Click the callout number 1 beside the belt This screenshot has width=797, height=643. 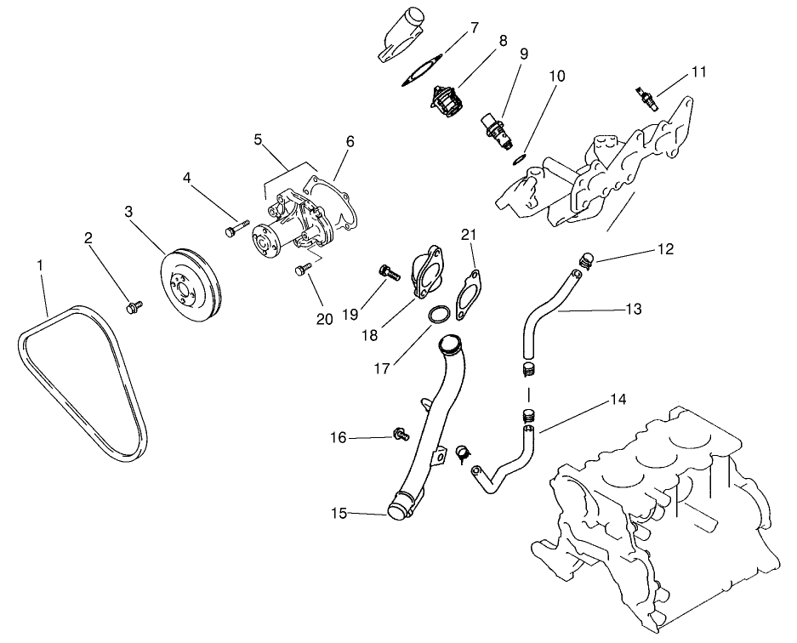(39, 266)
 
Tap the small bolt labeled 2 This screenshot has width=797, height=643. (133, 305)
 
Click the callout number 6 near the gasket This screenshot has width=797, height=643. (350, 141)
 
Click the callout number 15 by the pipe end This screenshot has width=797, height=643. (338, 513)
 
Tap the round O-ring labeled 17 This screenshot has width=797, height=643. (436, 316)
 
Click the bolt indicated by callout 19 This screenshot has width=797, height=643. (387, 272)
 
